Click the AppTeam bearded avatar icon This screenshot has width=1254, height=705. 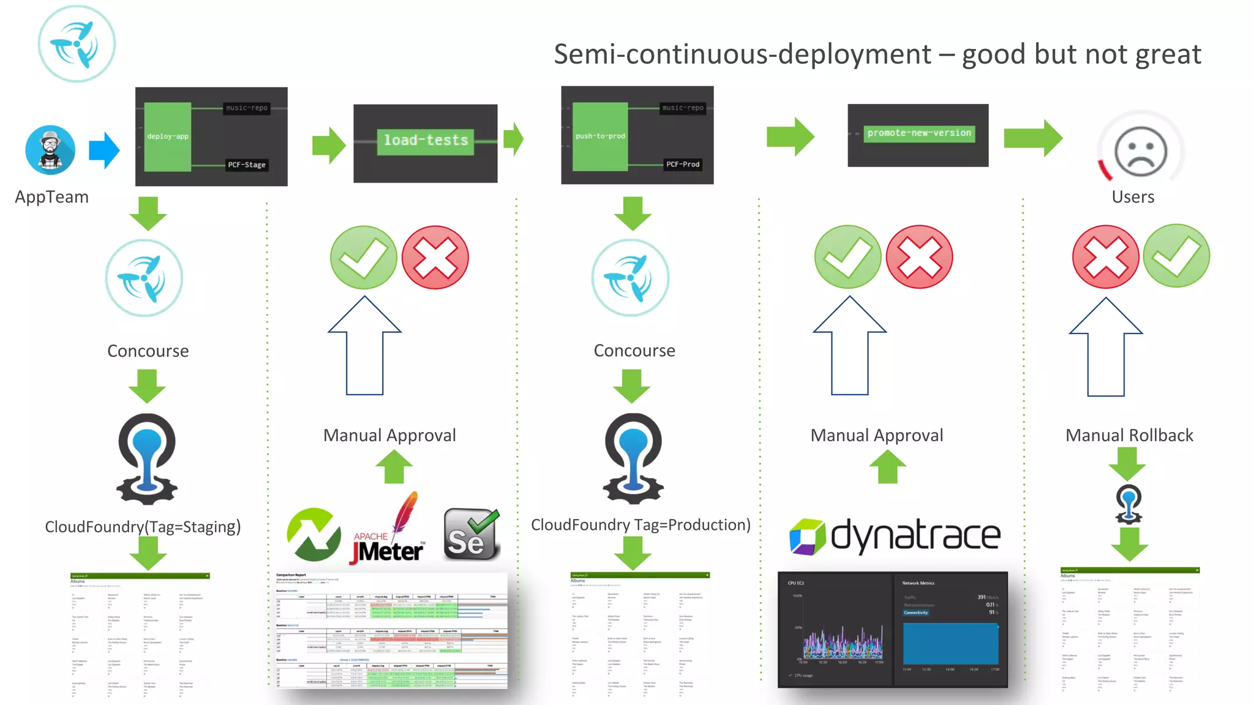50,150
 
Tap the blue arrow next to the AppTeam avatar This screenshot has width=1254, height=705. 104,150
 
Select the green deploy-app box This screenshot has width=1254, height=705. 168,136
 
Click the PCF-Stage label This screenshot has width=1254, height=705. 247,165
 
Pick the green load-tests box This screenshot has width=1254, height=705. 426,141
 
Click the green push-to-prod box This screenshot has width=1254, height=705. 600,136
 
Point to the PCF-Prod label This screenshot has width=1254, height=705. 683,164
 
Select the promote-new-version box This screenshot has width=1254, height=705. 919,133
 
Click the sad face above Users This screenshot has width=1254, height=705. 1140,151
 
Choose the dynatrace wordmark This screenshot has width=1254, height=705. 915,535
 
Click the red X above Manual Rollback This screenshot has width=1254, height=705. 1105,257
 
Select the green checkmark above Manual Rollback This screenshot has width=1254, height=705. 1176,256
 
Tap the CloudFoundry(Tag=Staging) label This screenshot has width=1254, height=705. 143,527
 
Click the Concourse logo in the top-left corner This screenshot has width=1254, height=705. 77,44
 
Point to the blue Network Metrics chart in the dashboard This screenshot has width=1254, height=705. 950,643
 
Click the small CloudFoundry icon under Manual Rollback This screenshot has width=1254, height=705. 1128,504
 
